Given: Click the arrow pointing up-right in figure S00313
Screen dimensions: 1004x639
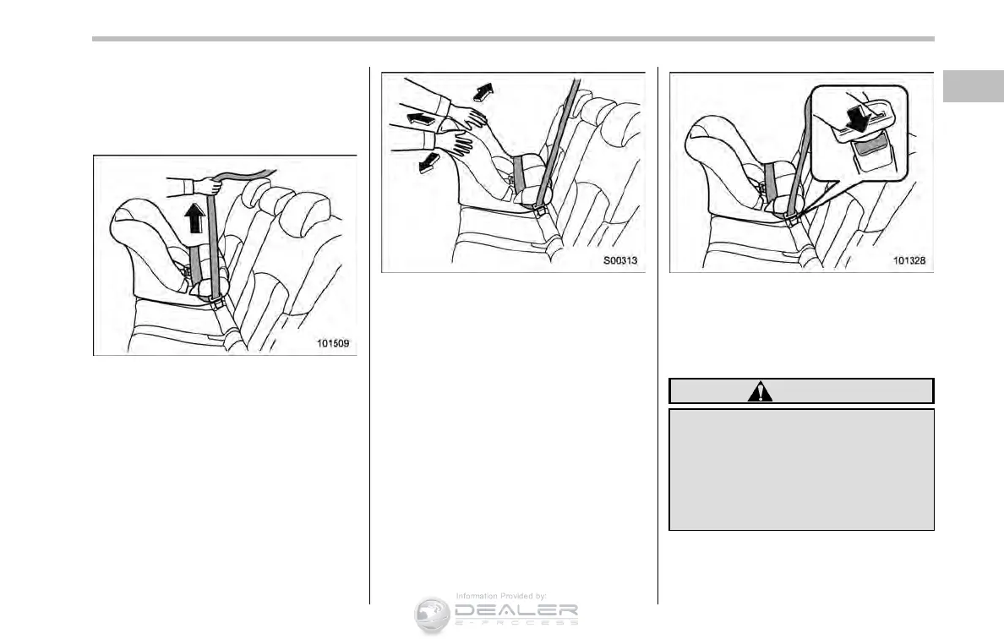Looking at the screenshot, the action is (x=483, y=90).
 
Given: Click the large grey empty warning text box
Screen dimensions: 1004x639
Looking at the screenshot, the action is (x=801, y=469).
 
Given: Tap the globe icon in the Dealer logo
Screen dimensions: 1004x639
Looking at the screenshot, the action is (x=431, y=615).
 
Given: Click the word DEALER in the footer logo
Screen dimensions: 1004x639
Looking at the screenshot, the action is (x=515, y=610).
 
